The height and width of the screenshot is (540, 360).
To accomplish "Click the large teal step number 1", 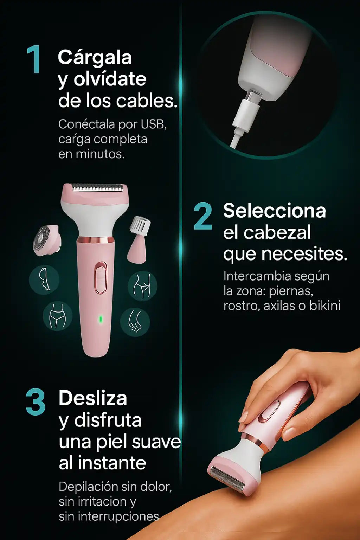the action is click(x=34, y=59).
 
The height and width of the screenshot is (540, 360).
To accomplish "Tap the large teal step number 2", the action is click(x=203, y=217).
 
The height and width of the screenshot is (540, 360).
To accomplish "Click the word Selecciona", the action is click(x=275, y=211).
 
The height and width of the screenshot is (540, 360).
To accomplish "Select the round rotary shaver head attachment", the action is click(x=46, y=240).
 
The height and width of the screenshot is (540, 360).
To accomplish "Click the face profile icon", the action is click(x=44, y=279).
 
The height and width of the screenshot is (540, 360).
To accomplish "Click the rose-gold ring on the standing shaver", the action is click(x=96, y=240).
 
